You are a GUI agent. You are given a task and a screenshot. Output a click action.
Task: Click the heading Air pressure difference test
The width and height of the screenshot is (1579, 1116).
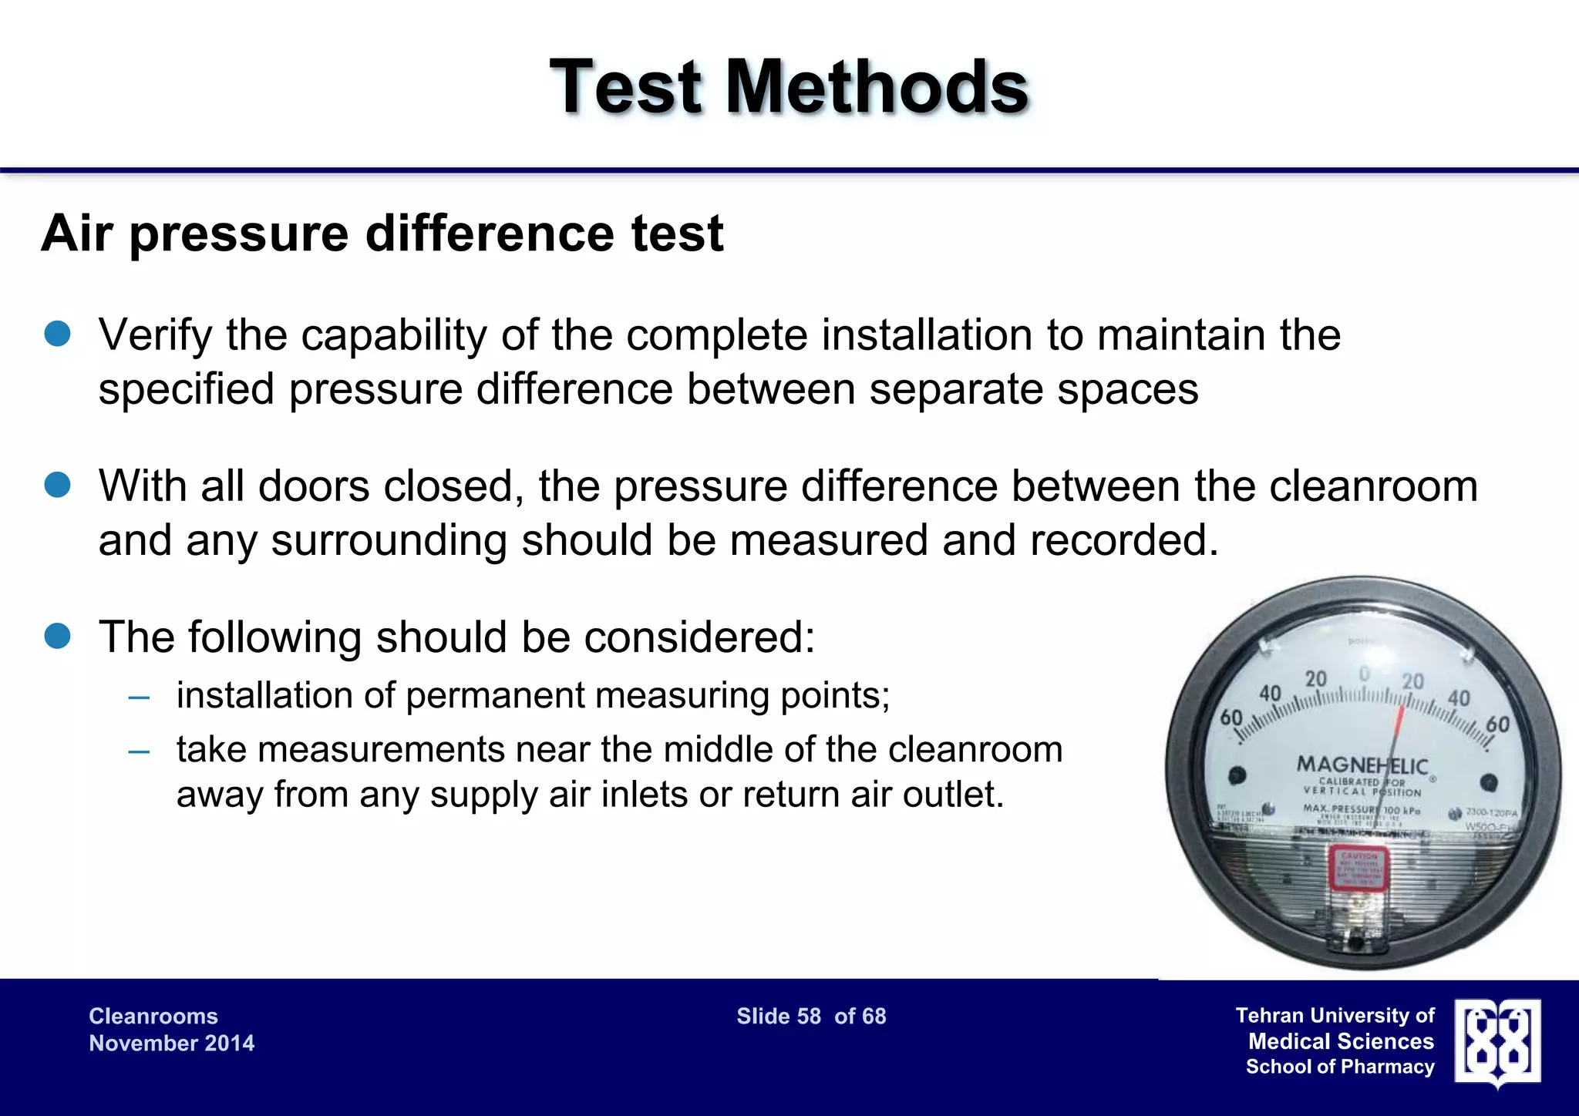382,233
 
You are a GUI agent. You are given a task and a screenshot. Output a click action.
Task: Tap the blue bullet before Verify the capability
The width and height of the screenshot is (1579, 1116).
58,334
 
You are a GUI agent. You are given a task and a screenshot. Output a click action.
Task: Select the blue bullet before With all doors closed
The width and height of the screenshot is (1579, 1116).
58,486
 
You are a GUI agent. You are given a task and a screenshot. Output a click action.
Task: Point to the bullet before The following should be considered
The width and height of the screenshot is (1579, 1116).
58,637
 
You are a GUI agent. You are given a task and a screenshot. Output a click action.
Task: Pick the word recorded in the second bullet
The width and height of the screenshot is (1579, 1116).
1123,540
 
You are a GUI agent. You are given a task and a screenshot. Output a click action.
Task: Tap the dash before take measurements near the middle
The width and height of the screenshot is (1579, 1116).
140,751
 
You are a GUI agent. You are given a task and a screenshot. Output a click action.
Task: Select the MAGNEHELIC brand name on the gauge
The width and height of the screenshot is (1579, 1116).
1362,765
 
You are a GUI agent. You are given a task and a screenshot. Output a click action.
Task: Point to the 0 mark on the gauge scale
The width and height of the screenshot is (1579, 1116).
1364,675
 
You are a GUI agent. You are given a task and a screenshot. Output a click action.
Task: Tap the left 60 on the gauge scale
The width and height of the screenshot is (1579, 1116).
1231,718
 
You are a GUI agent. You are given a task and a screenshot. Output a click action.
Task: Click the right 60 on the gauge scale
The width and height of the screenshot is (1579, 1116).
1497,724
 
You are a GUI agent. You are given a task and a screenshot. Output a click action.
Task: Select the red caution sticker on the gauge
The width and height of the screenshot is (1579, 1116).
1358,868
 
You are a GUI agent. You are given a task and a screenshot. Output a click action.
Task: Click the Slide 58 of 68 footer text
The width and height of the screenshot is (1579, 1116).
811,1016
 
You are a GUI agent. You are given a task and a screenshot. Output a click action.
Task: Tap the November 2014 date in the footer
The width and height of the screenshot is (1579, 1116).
171,1043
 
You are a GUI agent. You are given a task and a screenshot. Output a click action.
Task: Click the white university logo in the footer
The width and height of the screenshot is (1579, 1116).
1497,1042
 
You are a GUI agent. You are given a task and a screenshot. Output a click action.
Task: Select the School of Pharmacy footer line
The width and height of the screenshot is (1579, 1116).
1340,1067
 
